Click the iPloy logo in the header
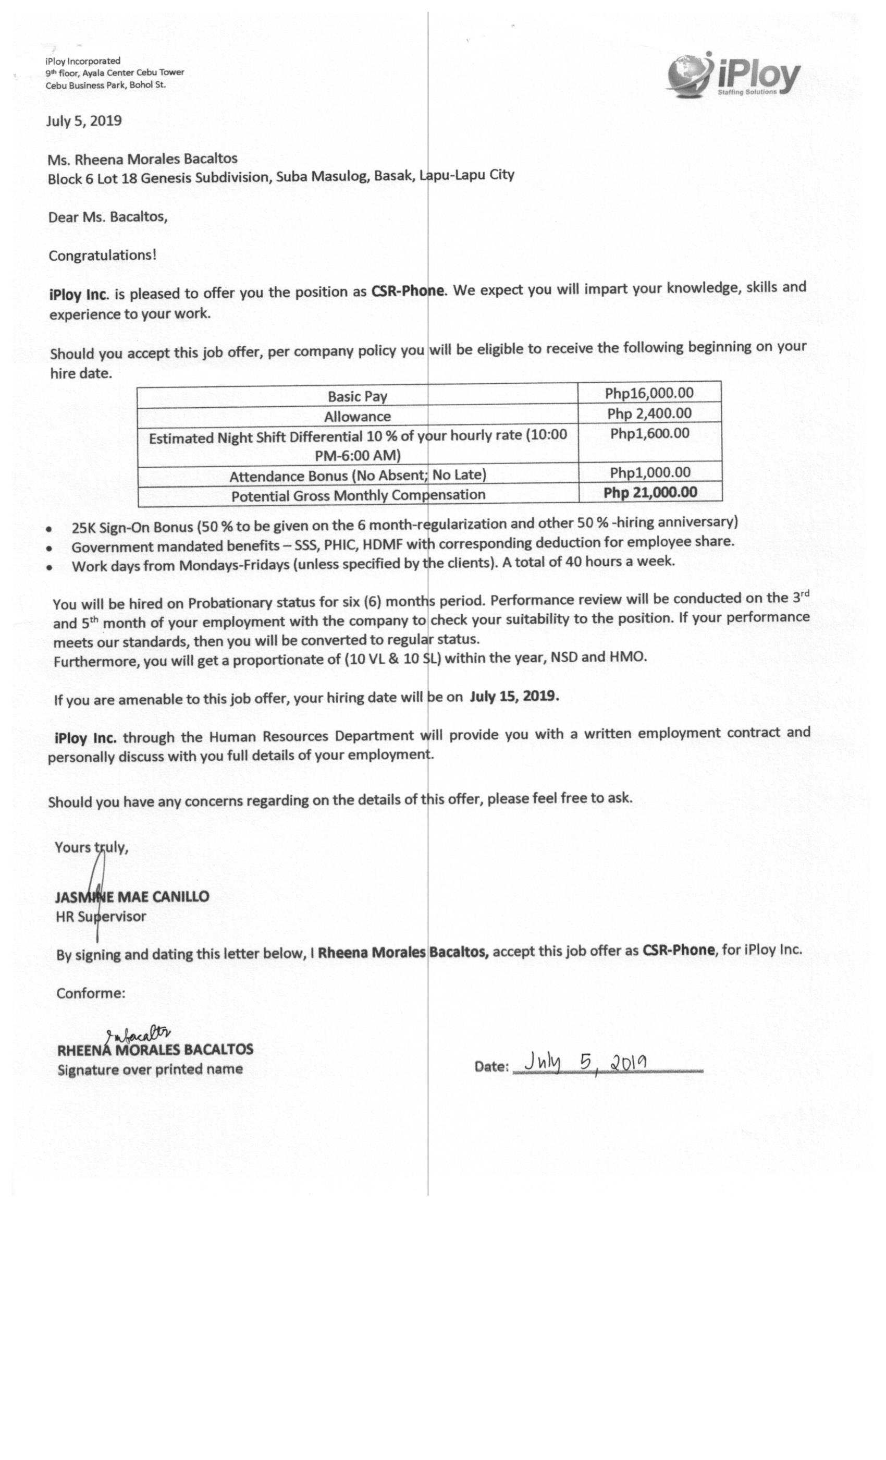coord(733,75)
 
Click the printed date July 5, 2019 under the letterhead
coord(84,121)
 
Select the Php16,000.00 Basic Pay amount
coord(648,393)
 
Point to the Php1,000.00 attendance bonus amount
coord(650,472)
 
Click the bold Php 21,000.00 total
coord(650,492)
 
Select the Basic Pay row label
coord(357,396)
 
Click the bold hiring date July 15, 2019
coord(514,696)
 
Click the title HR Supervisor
coord(101,917)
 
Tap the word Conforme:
coord(91,993)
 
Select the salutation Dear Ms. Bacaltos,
coord(108,217)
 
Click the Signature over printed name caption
coord(150,1069)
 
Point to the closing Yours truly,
coord(91,847)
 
